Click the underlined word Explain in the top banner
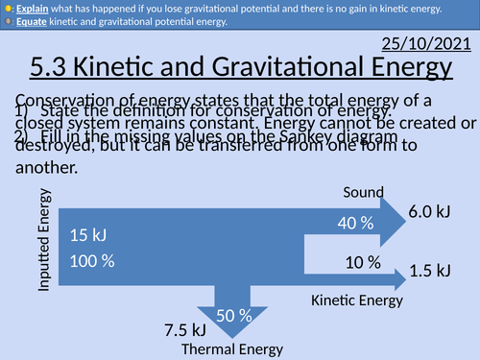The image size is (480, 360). pyautogui.click(x=31, y=9)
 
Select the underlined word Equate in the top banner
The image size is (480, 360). pyautogui.click(x=30, y=24)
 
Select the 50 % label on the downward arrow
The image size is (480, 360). pyautogui.click(x=233, y=315)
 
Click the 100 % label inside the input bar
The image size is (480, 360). pyautogui.click(x=92, y=260)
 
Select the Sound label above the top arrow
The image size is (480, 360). pyautogui.click(x=364, y=193)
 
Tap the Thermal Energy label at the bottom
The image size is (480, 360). pyautogui.click(x=225, y=348)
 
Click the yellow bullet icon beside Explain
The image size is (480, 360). pyautogui.click(x=7, y=9)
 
